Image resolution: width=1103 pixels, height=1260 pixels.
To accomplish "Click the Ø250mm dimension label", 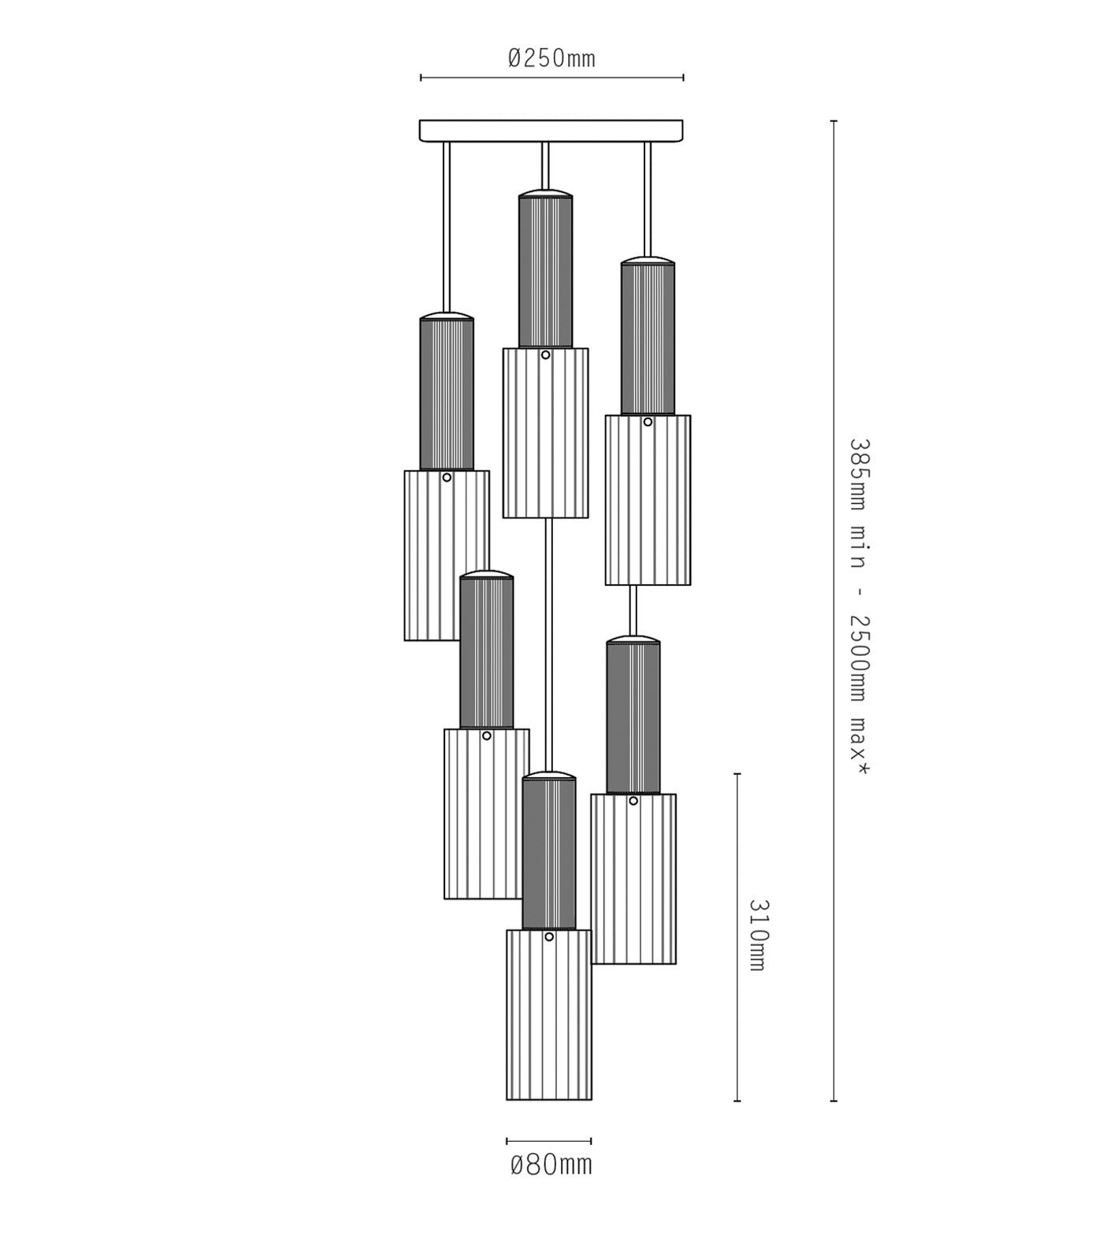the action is (x=551, y=57).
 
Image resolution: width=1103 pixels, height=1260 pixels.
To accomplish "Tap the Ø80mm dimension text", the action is (x=551, y=1164).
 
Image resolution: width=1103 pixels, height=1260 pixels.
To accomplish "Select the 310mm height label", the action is (x=756, y=935).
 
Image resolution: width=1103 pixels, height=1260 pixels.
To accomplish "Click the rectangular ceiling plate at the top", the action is (x=551, y=131).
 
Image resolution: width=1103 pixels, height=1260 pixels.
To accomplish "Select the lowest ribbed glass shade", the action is (x=549, y=1014).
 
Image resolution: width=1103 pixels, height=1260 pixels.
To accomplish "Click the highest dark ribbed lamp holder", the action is (x=545, y=272).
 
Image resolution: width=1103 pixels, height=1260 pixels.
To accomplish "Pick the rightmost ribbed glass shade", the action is (x=648, y=500).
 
